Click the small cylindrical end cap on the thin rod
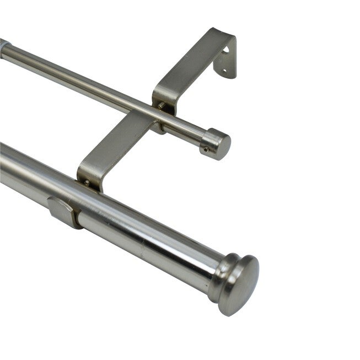tap(216, 144)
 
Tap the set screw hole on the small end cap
tap(205, 148)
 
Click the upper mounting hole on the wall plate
tap(225, 50)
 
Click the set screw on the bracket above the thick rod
tap(87, 182)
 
